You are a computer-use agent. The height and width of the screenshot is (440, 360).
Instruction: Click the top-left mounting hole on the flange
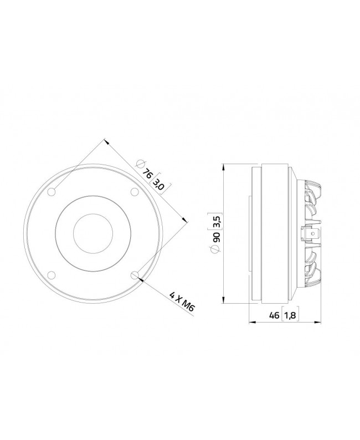[52, 192]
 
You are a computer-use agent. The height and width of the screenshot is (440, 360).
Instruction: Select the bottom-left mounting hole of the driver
[52, 274]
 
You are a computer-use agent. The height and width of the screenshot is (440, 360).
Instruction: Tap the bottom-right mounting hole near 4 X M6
[134, 274]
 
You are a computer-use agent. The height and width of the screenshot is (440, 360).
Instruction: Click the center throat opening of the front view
[93, 233]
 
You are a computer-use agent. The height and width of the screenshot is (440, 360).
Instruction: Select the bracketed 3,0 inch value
[159, 184]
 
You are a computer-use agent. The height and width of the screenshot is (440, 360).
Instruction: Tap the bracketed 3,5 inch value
[217, 220]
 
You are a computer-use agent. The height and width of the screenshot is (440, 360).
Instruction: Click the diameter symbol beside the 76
[140, 165]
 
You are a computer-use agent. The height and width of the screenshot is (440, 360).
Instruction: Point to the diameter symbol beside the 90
[217, 250]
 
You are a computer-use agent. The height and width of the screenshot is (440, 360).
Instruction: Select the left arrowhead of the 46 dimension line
[251, 322]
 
